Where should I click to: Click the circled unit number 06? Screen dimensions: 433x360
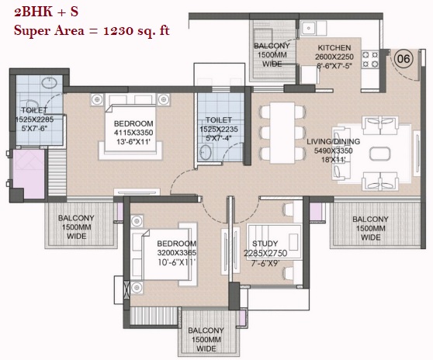404,59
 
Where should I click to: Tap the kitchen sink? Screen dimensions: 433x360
309,28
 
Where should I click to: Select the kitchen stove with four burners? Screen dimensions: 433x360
370,60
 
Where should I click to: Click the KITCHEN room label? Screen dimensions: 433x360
334,47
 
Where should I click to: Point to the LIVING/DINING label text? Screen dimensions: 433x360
334,141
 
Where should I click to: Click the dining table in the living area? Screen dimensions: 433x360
282,133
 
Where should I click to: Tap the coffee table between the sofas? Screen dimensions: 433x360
380,154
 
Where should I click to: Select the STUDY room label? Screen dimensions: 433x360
265,244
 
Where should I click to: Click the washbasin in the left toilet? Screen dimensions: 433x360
50,82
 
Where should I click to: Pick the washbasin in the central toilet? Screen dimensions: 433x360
206,152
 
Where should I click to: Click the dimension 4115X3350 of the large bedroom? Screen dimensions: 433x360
133,133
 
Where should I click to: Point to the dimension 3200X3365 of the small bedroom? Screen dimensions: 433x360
177,253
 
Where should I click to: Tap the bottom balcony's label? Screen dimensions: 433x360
206,339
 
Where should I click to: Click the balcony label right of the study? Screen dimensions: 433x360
370,228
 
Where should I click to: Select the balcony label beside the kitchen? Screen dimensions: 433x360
272,54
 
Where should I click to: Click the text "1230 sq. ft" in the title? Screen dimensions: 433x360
137,30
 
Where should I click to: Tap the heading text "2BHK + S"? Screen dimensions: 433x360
46,12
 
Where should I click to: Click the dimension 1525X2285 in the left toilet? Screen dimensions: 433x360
34,119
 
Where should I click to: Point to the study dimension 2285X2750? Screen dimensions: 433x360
265,253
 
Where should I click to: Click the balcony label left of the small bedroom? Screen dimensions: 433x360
76,227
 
